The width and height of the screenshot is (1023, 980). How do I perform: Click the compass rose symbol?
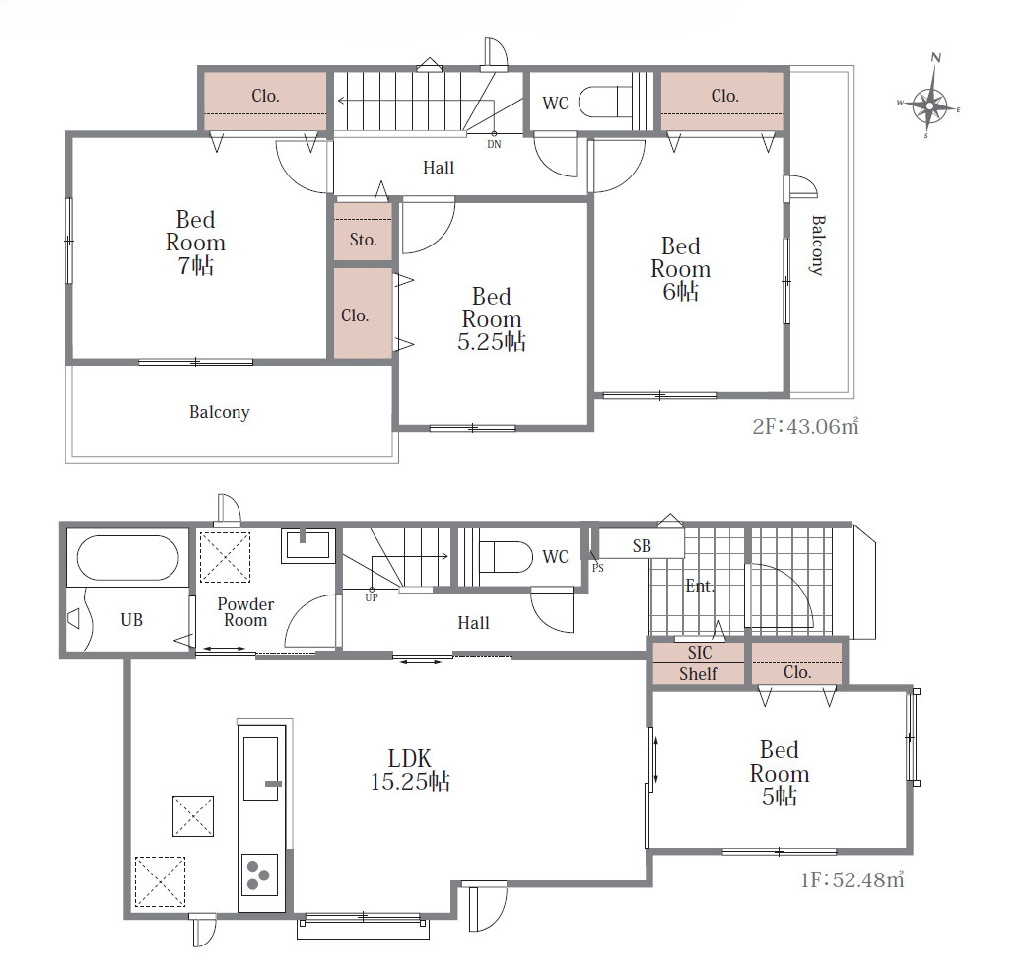point(929,105)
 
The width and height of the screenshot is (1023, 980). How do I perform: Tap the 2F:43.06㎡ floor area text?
point(806,426)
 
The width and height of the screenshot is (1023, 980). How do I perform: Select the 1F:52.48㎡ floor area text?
point(852,879)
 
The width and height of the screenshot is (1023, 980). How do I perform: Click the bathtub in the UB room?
point(127,558)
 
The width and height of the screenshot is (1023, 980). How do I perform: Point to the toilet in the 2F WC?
point(605,102)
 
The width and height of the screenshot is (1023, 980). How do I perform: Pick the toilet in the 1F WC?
point(506,557)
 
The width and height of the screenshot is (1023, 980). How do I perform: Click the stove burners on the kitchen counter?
point(259,875)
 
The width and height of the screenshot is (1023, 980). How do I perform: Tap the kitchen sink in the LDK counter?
point(261,769)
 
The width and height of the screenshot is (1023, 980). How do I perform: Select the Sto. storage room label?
point(364,240)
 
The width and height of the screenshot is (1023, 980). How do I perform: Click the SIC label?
point(700,652)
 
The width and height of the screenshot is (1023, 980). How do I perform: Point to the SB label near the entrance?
point(642,545)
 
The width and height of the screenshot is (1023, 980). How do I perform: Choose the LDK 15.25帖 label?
point(410,769)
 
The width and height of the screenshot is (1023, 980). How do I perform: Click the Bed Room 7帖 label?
point(196,243)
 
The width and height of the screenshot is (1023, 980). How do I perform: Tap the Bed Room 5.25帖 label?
point(491,319)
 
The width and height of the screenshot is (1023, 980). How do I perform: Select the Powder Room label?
point(245,612)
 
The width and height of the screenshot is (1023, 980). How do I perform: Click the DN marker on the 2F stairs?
point(494,144)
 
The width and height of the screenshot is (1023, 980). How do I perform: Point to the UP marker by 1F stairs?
point(372,597)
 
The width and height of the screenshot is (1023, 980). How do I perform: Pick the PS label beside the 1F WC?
point(597,568)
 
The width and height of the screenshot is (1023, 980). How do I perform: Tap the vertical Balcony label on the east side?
point(818,245)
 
